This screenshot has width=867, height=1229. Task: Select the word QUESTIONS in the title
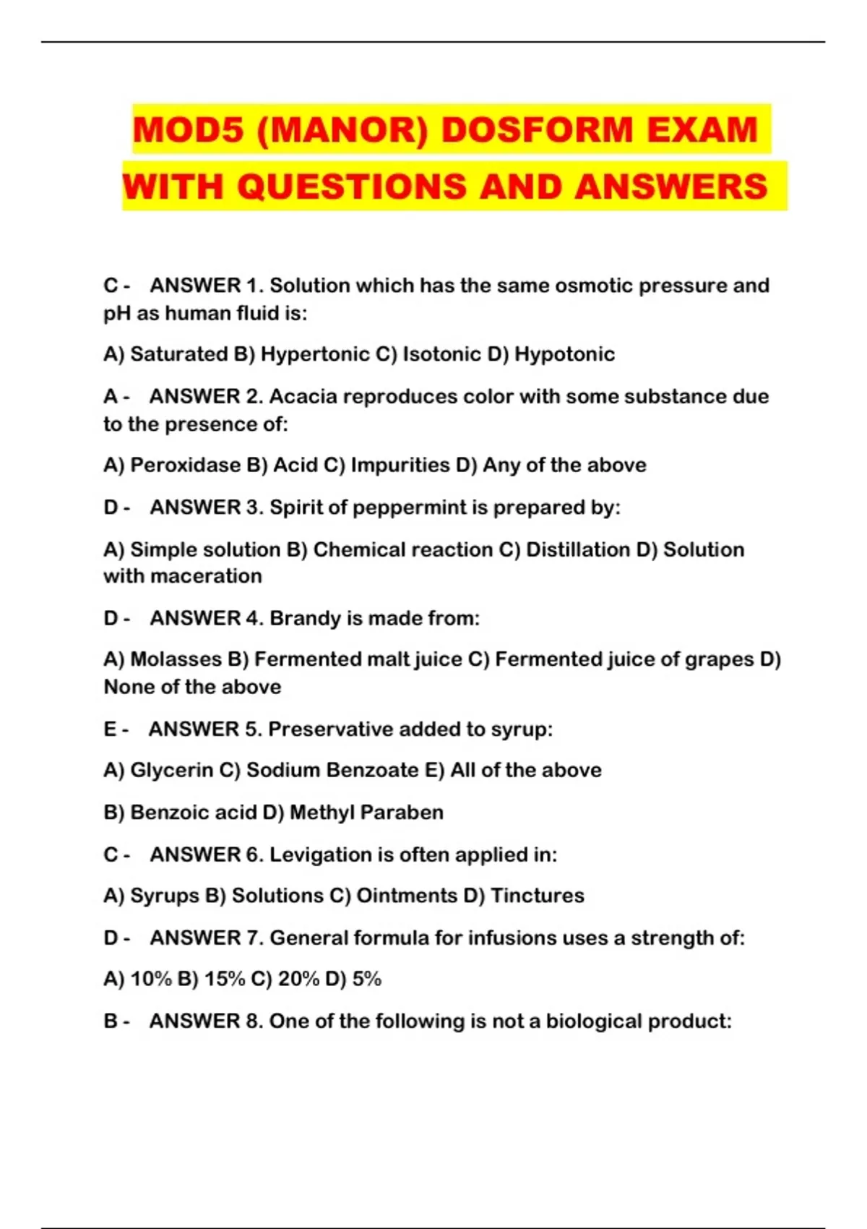pos(353,187)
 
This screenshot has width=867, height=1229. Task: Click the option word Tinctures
pos(537,896)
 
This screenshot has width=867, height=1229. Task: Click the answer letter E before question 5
pos(110,729)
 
